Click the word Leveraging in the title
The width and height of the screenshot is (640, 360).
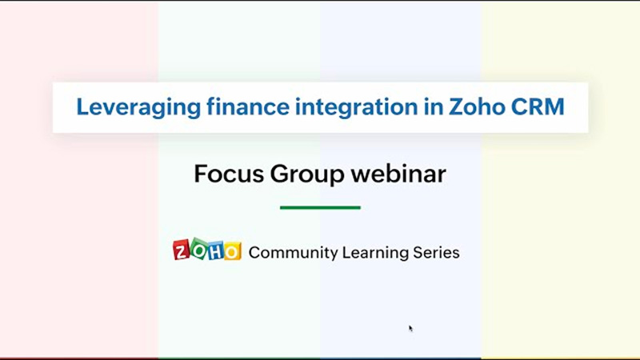[x=138, y=108]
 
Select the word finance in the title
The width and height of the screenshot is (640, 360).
[x=248, y=106]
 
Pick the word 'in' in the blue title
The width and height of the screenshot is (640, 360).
[x=434, y=106]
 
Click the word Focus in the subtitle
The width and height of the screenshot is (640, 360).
[x=229, y=174]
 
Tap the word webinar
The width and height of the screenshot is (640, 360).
[x=398, y=174]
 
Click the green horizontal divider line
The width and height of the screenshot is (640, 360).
[x=321, y=208]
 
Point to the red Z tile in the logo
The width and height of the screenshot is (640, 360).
[x=182, y=250]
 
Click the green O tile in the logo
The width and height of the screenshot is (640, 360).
[x=199, y=249]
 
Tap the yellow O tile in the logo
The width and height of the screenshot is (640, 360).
[x=232, y=251]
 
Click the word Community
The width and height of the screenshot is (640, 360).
[x=294, y=253]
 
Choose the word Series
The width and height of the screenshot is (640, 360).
[x=436, y=253]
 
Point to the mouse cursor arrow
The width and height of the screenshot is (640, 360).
[x=410, y=329]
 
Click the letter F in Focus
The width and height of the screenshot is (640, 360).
[x=200, y=174]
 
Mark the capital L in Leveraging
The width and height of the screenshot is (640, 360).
[x=83, y=107]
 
